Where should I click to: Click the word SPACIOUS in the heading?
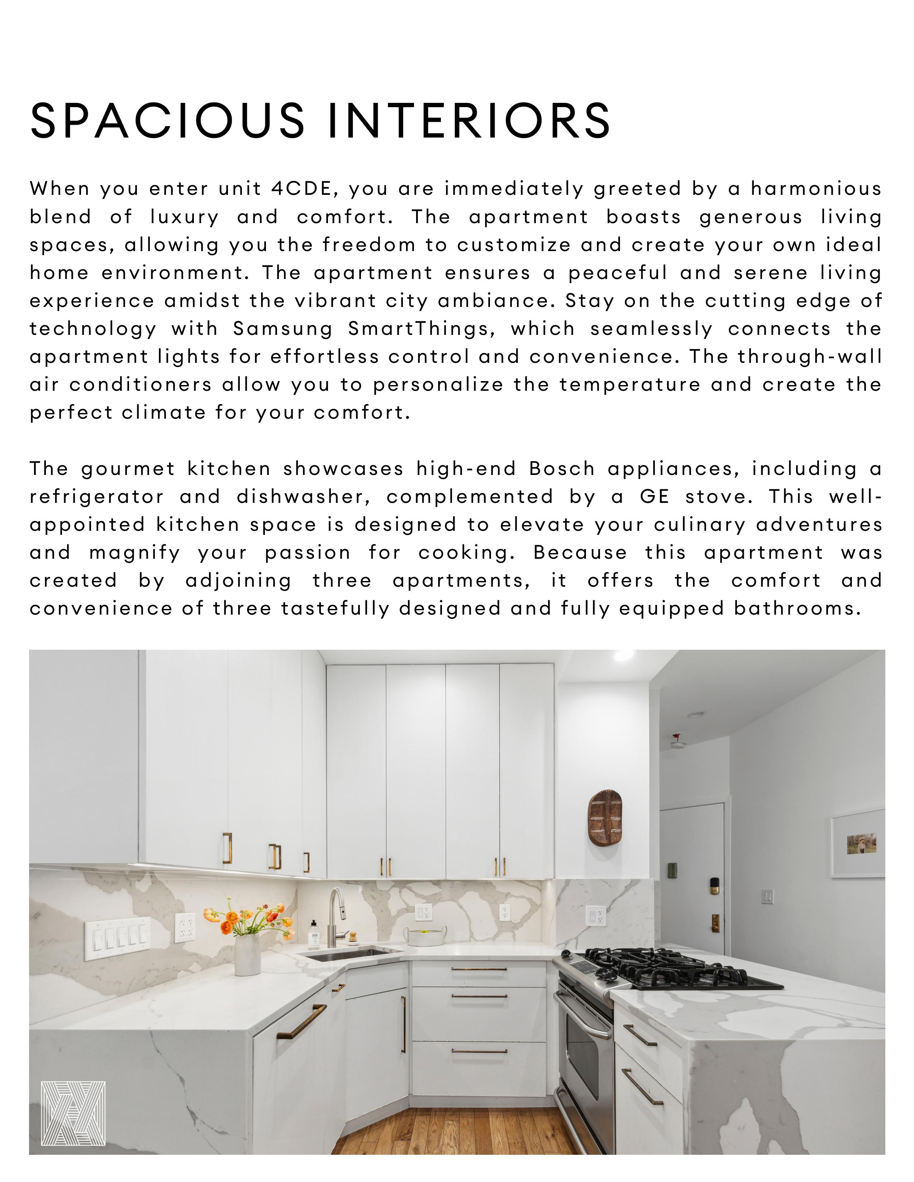[168, 120]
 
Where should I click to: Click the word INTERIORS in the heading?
[470, 120]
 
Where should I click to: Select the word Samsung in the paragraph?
[283, 329]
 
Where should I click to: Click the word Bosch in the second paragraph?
[562, 469]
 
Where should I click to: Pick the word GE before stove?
[654, 497]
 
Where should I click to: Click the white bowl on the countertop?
[427, 936]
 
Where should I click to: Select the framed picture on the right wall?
[858, 843]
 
